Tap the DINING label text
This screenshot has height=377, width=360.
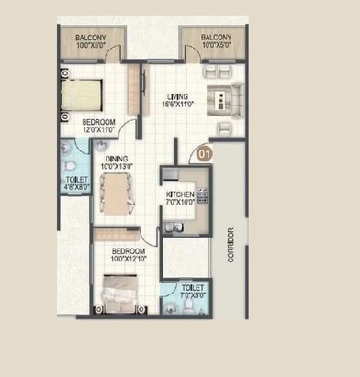click(x=116, y=158)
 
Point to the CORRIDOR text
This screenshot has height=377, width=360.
click(x=231, y=245)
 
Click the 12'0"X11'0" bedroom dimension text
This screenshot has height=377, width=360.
click(x=100, y=130)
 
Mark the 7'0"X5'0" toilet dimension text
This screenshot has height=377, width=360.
click(x=192, y=295)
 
